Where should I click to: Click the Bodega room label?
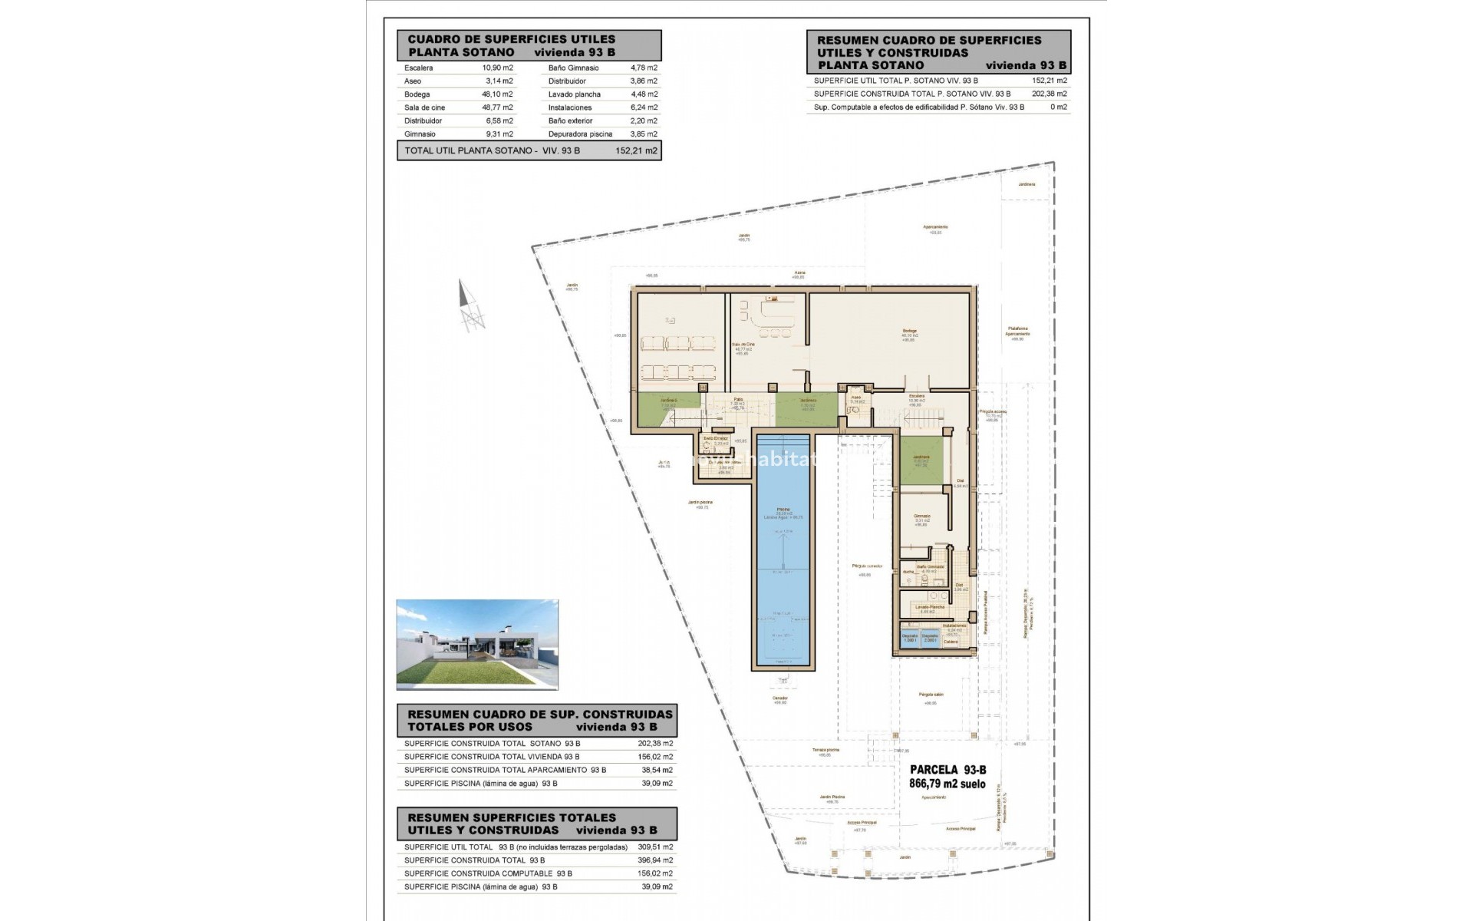click(x=909, y=332)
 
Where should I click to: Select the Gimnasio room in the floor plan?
click(x=921, y=517)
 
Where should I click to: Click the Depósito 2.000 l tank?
click(x=930, y=639)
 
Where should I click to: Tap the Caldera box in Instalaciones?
click(x=951, y=642)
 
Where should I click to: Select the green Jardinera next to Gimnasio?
click(x=921, y=460)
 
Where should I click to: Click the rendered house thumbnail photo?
click(x=477, y=645)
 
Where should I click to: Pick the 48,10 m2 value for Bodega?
click(x=497, y=94)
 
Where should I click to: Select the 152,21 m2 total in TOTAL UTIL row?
click(x=636, y=151)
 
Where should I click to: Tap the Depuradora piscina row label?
click(x=580, y=134)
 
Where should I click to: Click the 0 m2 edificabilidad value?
click(x=1058, y=107)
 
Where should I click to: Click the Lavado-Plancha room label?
click(x=930, y=607)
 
